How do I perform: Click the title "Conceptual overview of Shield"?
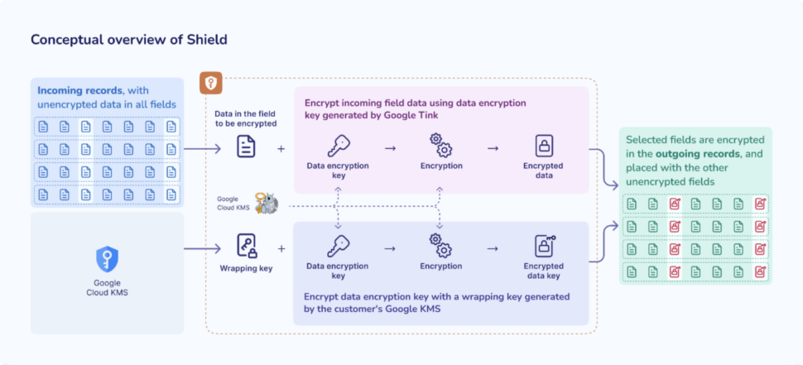(x=128, y=40)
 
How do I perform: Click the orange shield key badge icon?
(x=211, y=83)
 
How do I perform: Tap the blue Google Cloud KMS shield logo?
(x=107, y=259)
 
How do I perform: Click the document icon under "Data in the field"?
(x=246, y=146)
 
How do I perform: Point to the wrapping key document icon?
(x=247, y=246)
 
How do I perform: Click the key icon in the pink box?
(x=338, y=146)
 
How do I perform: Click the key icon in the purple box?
(x=338, y=246)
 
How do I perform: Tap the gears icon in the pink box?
(x=441, y=145)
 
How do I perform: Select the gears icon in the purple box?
(x=441, y=245)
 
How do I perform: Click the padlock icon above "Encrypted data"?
(x=543, y=146)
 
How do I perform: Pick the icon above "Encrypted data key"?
(x=545, y=246)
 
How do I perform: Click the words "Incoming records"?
(x=80, y=90)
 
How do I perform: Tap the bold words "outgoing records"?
(x=698, y=154)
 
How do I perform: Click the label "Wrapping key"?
(x=246, y=267)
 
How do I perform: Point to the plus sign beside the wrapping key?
(x=281, y=249)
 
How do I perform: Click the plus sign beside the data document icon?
(x=281, y=149)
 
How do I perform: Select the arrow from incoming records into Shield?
(x=202, y=149)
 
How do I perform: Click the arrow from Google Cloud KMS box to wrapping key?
(x=202, y=249)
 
